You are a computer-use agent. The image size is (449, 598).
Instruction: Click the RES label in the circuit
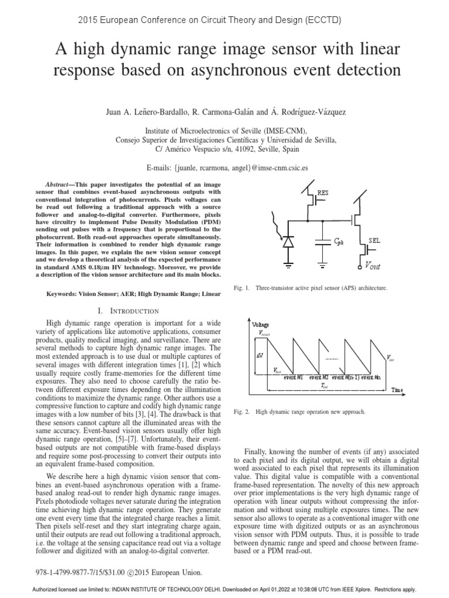click(x=323, y=192)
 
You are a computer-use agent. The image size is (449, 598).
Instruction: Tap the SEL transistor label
click(x=374, y=240)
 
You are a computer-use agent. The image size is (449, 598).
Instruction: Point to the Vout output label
click(x=373, y=266)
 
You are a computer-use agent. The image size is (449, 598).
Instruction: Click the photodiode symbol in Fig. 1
click(x=289, y=240)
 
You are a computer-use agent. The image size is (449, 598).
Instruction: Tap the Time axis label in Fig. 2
click(x=398, y=390)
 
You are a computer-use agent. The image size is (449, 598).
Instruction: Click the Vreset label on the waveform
click(x=266, y=332)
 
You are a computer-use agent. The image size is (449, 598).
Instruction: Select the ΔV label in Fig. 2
click(x=260, y=354)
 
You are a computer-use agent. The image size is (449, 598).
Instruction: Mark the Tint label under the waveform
click(x=324, y=386)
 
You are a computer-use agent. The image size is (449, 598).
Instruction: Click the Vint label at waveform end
click(x=391, y=359)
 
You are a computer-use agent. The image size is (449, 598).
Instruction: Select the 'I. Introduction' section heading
click(x=130, y=311)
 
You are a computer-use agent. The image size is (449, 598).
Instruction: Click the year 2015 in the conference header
click(x=89, y=20)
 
